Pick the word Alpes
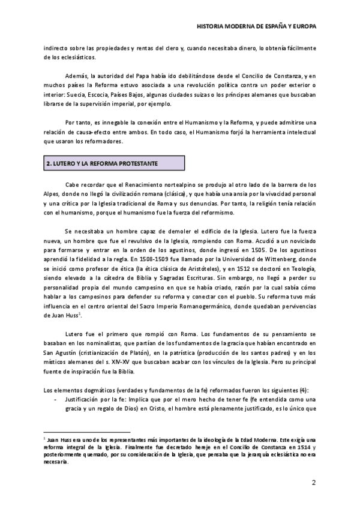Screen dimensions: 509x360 (52, 194)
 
